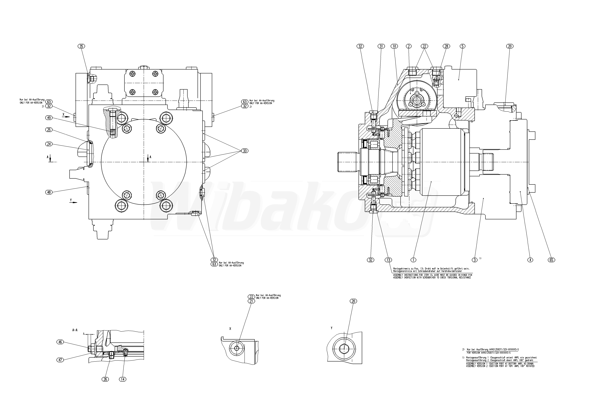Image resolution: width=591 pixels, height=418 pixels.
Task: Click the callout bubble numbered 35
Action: coord(81,46)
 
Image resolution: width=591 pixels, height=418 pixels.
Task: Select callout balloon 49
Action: coord(49,118)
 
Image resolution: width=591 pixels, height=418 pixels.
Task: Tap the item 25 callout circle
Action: coord(49,130)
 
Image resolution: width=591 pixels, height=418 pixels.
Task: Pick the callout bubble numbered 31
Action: coord(381,46)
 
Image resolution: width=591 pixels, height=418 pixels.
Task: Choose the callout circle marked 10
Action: coord(394,46)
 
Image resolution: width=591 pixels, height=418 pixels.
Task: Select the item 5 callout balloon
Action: coord(463,46)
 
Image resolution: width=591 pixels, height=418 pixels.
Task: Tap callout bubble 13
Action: coord(388,260)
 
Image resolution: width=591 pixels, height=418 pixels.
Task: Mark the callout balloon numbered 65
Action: coord(551,260)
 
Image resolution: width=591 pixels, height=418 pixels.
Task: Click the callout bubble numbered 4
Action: coord(530,260)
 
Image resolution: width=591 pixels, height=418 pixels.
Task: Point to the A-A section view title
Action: coord(75,330)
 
